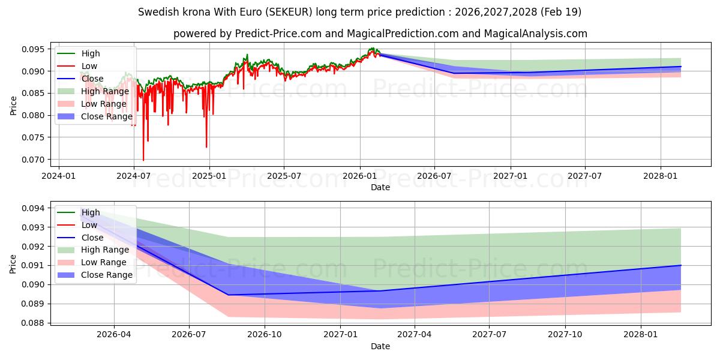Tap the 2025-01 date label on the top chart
(209, 176)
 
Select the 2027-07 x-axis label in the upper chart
(584, 176)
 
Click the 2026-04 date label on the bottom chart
(114, 335)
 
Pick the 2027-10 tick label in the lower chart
(565, 335)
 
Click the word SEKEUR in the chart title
(289, 12)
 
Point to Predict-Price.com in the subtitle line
(278, 34)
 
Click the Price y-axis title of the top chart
(13, 106)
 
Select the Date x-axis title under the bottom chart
(380, 346)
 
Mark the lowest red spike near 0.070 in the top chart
(143, 160)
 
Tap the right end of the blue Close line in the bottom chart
(681, 265)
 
